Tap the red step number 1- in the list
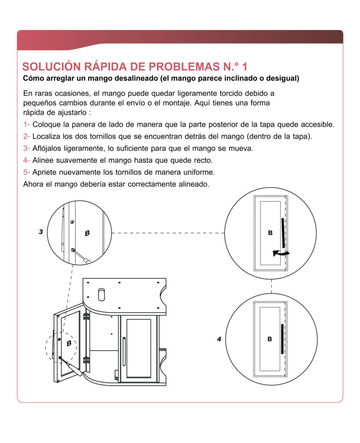26,125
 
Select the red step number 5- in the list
26,172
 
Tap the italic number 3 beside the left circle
41,232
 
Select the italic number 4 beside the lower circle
219,339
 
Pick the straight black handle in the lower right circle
282,339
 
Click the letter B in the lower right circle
270,339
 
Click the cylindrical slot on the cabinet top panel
102,294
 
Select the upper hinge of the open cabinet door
86,318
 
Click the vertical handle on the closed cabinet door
124,349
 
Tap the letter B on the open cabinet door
69,343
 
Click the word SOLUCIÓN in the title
51,67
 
